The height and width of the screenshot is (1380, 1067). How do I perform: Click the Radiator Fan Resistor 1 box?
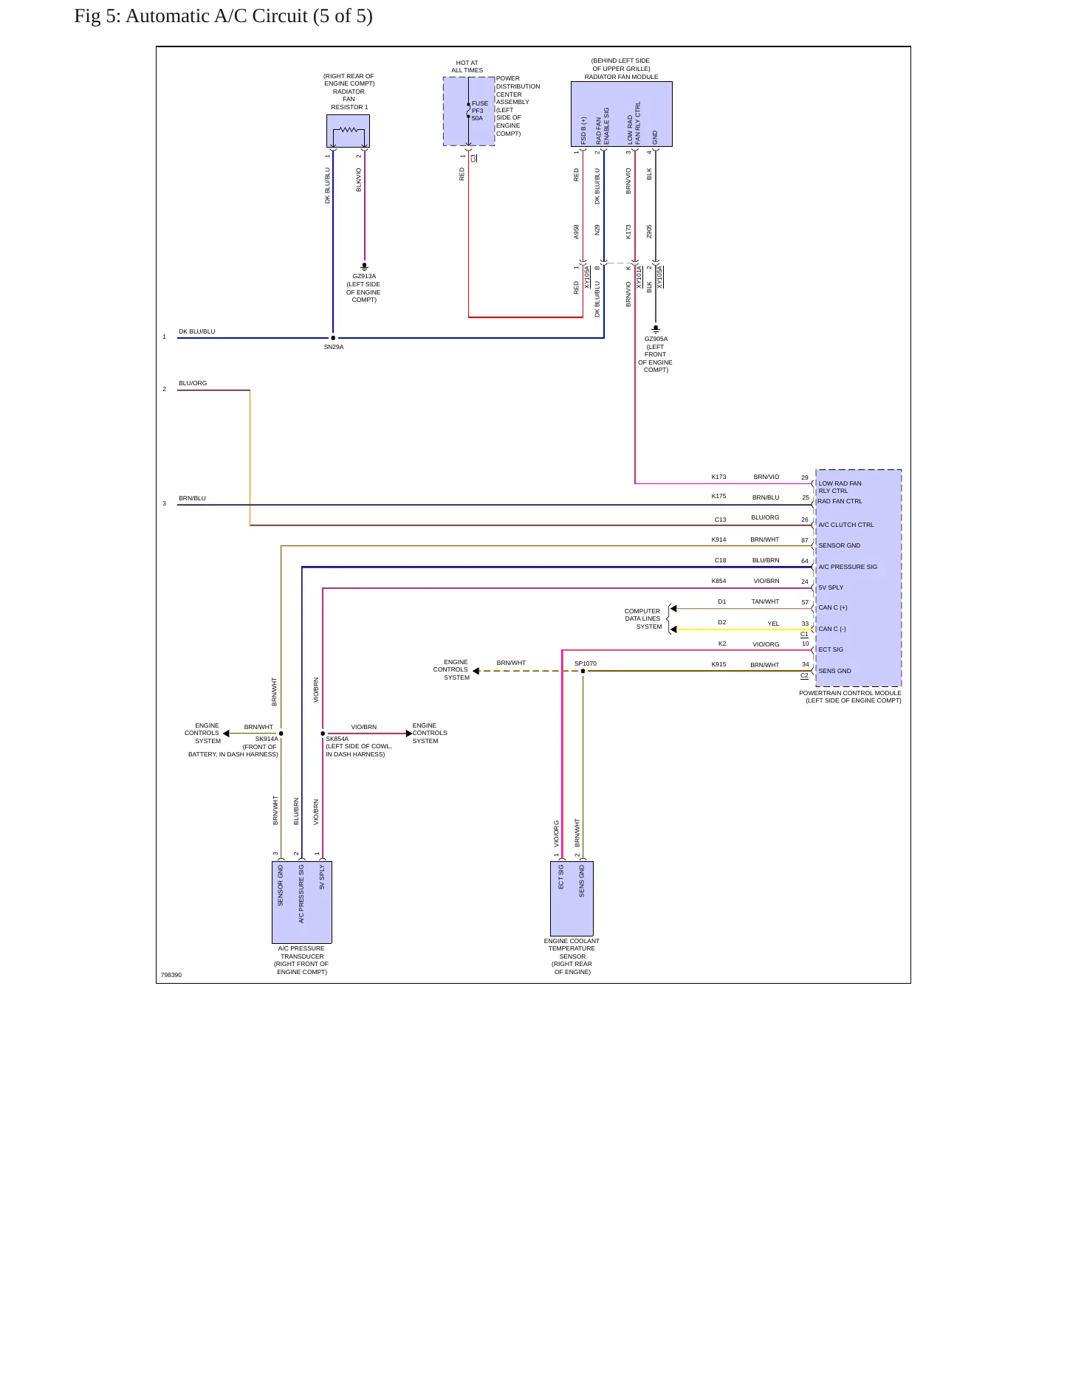point(348,131)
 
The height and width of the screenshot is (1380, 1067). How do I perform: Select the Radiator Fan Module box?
point(621,114)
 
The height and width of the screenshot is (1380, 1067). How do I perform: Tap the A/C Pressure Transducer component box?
point(301,902)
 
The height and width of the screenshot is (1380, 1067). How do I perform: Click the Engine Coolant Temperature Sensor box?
point(572,898)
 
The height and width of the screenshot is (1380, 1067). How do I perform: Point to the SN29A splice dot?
point(333,338)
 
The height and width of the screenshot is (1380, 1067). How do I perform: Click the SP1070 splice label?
point(586,663)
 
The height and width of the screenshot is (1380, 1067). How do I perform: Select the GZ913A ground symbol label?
point(364,276)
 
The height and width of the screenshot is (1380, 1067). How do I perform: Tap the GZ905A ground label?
point(656,339)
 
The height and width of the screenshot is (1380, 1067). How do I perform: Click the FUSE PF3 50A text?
point(479,111)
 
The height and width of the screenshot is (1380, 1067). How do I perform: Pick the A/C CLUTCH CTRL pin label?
point(845,525)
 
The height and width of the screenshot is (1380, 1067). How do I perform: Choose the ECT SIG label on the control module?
point(831,649)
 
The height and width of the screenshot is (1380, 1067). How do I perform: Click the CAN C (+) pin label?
point(833,607)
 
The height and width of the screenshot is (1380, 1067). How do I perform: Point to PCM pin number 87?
point(805,540)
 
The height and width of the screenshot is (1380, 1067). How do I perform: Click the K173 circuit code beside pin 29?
point(718,477)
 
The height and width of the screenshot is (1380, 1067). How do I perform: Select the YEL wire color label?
point(773,624)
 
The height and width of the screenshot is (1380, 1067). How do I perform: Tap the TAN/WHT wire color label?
point(765,601)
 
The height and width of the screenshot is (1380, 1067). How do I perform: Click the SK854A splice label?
point(337,739)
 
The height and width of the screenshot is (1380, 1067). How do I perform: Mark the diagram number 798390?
point(171,975)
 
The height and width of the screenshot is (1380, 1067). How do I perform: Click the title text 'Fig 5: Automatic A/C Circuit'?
point(191,16)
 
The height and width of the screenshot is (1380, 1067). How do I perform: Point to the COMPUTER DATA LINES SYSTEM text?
point(643,618)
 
